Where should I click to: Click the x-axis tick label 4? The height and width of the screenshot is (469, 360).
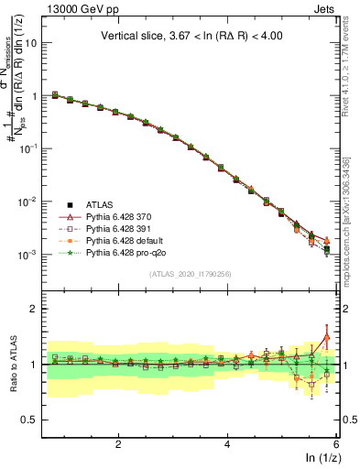click(227, 444)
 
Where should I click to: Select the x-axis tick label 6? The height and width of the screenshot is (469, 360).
click(336, 444)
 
